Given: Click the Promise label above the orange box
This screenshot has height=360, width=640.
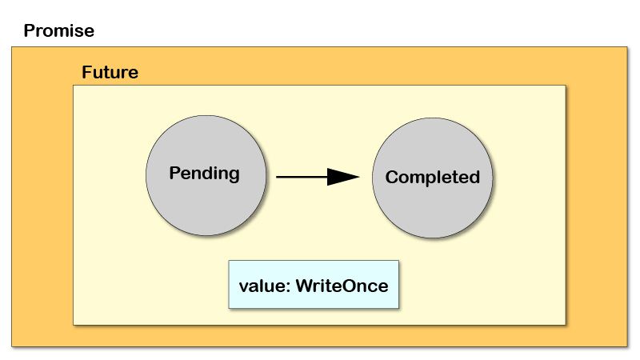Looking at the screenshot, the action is [58, 30].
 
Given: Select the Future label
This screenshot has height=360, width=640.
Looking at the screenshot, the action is [110, 72].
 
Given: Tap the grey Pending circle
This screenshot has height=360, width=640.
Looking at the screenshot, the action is [206, 175].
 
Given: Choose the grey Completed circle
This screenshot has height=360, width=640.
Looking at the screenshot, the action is [432, 178].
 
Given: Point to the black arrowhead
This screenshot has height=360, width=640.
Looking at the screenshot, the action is [343, 177].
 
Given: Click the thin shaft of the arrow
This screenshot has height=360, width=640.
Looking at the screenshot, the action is [302, 177].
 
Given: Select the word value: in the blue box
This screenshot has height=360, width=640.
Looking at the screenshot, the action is [265, 286].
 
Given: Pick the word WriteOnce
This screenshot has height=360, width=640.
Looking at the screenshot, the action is [342, 286].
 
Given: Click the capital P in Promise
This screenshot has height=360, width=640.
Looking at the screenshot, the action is [30, 30].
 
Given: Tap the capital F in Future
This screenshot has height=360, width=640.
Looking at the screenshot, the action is [87, 72].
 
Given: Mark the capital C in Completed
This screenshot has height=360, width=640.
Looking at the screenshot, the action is [392, 177].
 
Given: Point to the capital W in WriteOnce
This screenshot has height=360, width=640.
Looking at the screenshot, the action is [305, 286].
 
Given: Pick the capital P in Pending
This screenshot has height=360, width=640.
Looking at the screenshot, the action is [175, 173].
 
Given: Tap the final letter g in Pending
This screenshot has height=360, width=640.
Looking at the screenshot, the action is [234, 175].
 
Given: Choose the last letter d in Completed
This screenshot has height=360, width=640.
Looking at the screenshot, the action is [474, 177].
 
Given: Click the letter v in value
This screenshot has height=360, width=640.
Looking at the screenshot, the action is [244, 288].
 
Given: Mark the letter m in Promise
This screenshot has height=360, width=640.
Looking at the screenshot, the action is [66, 33].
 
